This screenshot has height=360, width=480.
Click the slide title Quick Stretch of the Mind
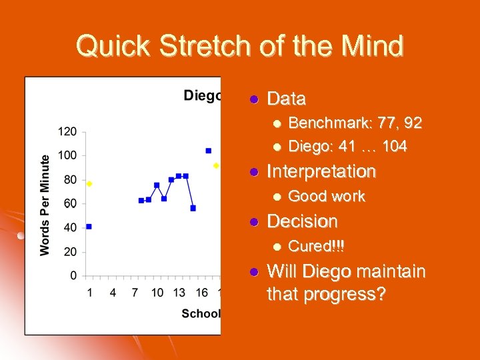coord(239,47)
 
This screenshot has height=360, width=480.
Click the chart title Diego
coord(202,96)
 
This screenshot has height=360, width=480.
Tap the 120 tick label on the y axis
coord(67,131)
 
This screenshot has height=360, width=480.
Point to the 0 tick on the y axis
coord(73,275)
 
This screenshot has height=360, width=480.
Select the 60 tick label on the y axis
coord(69,203)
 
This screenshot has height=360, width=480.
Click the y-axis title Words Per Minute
coord(45,205)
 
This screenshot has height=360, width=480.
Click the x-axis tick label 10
coord(157,292)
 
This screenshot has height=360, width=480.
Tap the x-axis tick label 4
coord(112,292)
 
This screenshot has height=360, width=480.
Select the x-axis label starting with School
coord(201,313)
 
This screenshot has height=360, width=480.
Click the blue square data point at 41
coord(89,227)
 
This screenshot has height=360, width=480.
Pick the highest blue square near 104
coord(208,151)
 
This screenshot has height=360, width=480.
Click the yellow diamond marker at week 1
coord(89,183)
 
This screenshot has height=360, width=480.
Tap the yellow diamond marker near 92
coord(216,165)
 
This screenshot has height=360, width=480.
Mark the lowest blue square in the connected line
coord(193,208)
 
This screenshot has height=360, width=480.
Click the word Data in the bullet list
coord(286,99)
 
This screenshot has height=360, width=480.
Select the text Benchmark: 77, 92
coord(355,123)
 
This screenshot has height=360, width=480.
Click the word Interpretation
coord(321,172)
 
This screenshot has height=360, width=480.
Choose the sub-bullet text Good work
coord(326,196)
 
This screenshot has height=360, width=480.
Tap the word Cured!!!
coord(316,246)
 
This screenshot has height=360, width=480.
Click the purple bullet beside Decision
coord(253,221)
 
